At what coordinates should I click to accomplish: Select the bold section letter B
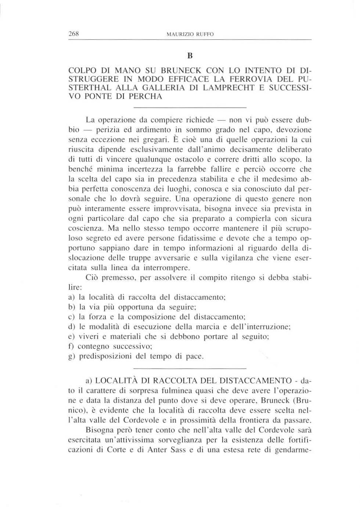[x=190, y=56]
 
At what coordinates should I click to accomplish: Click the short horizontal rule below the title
[x=190, y=107]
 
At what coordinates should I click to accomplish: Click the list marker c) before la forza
[x=72, y=317]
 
